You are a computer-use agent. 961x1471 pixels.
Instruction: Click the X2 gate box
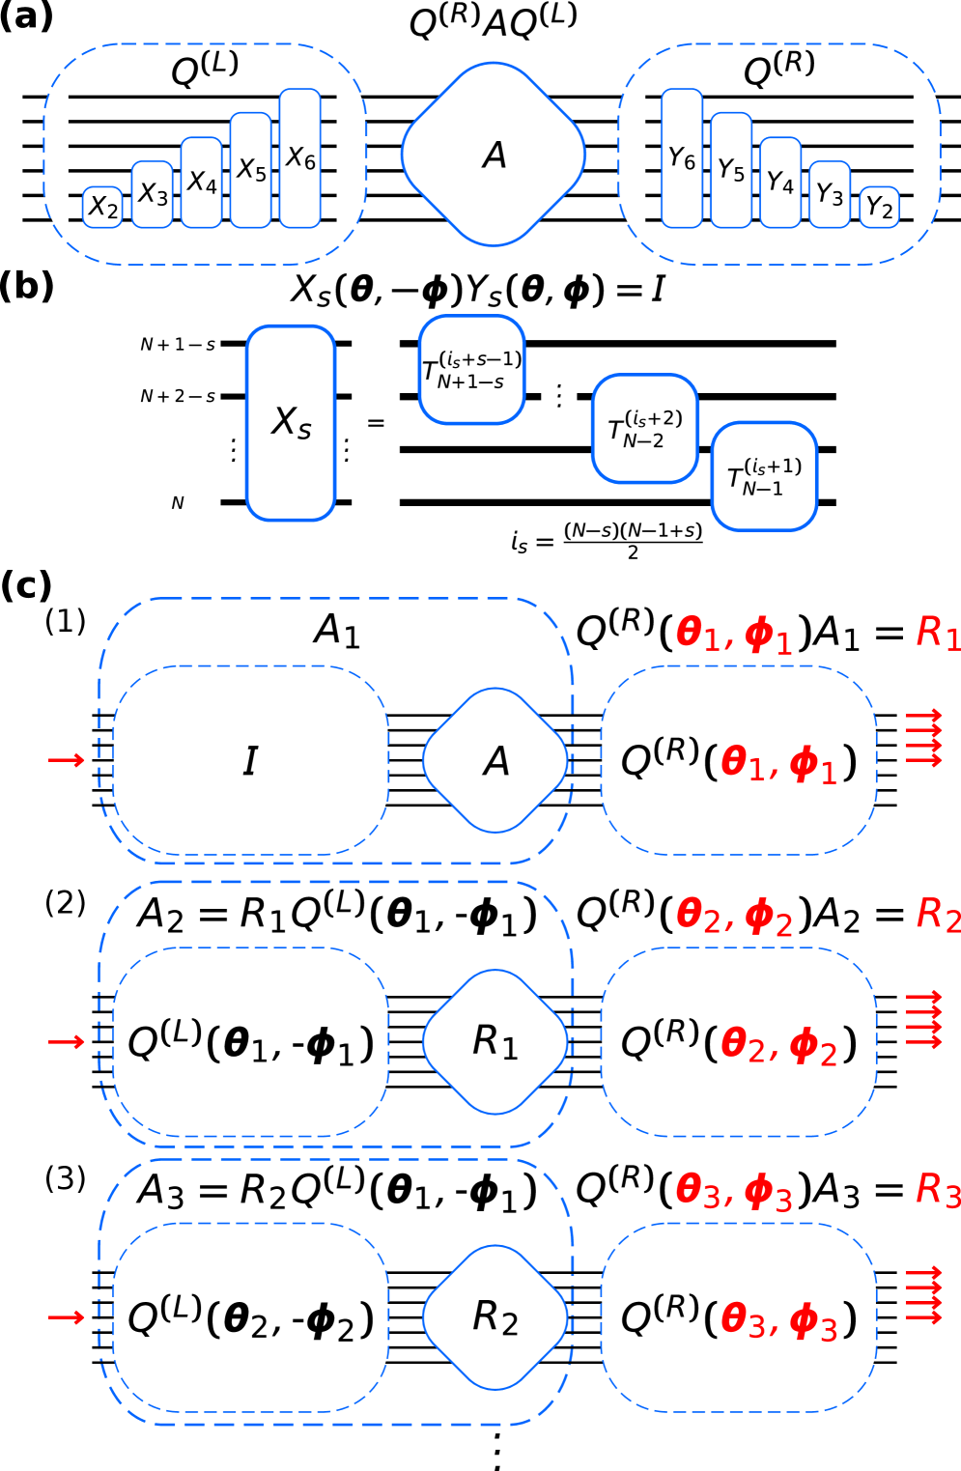(102, 207)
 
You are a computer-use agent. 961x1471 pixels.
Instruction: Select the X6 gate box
(300, 158)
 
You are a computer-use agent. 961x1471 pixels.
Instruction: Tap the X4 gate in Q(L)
(202, 183)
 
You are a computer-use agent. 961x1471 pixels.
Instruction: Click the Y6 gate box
(682, 158)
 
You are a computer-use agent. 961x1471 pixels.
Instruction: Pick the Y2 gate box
(879, 207)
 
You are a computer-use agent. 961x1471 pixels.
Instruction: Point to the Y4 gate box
(780, 183)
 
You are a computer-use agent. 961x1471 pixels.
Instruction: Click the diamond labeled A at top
(494, 155)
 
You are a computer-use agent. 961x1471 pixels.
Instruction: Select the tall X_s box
(291, 423)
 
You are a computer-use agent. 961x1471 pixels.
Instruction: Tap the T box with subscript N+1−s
(471, 370)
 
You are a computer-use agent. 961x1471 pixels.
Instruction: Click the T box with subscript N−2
(644, 429)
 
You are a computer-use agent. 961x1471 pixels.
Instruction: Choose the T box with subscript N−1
(764, 476)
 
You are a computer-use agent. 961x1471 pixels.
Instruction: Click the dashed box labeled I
(250, 761)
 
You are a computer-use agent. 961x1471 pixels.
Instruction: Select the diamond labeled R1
(495, 1042)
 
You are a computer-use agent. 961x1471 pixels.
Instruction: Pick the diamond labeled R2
(495, 1317)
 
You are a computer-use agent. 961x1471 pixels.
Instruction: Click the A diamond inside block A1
(495, 761)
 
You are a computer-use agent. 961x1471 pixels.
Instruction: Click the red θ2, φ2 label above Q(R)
(734, 916)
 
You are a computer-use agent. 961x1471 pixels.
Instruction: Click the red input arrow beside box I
(67, 761)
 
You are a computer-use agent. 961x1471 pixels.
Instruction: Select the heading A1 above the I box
(336, 631)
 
